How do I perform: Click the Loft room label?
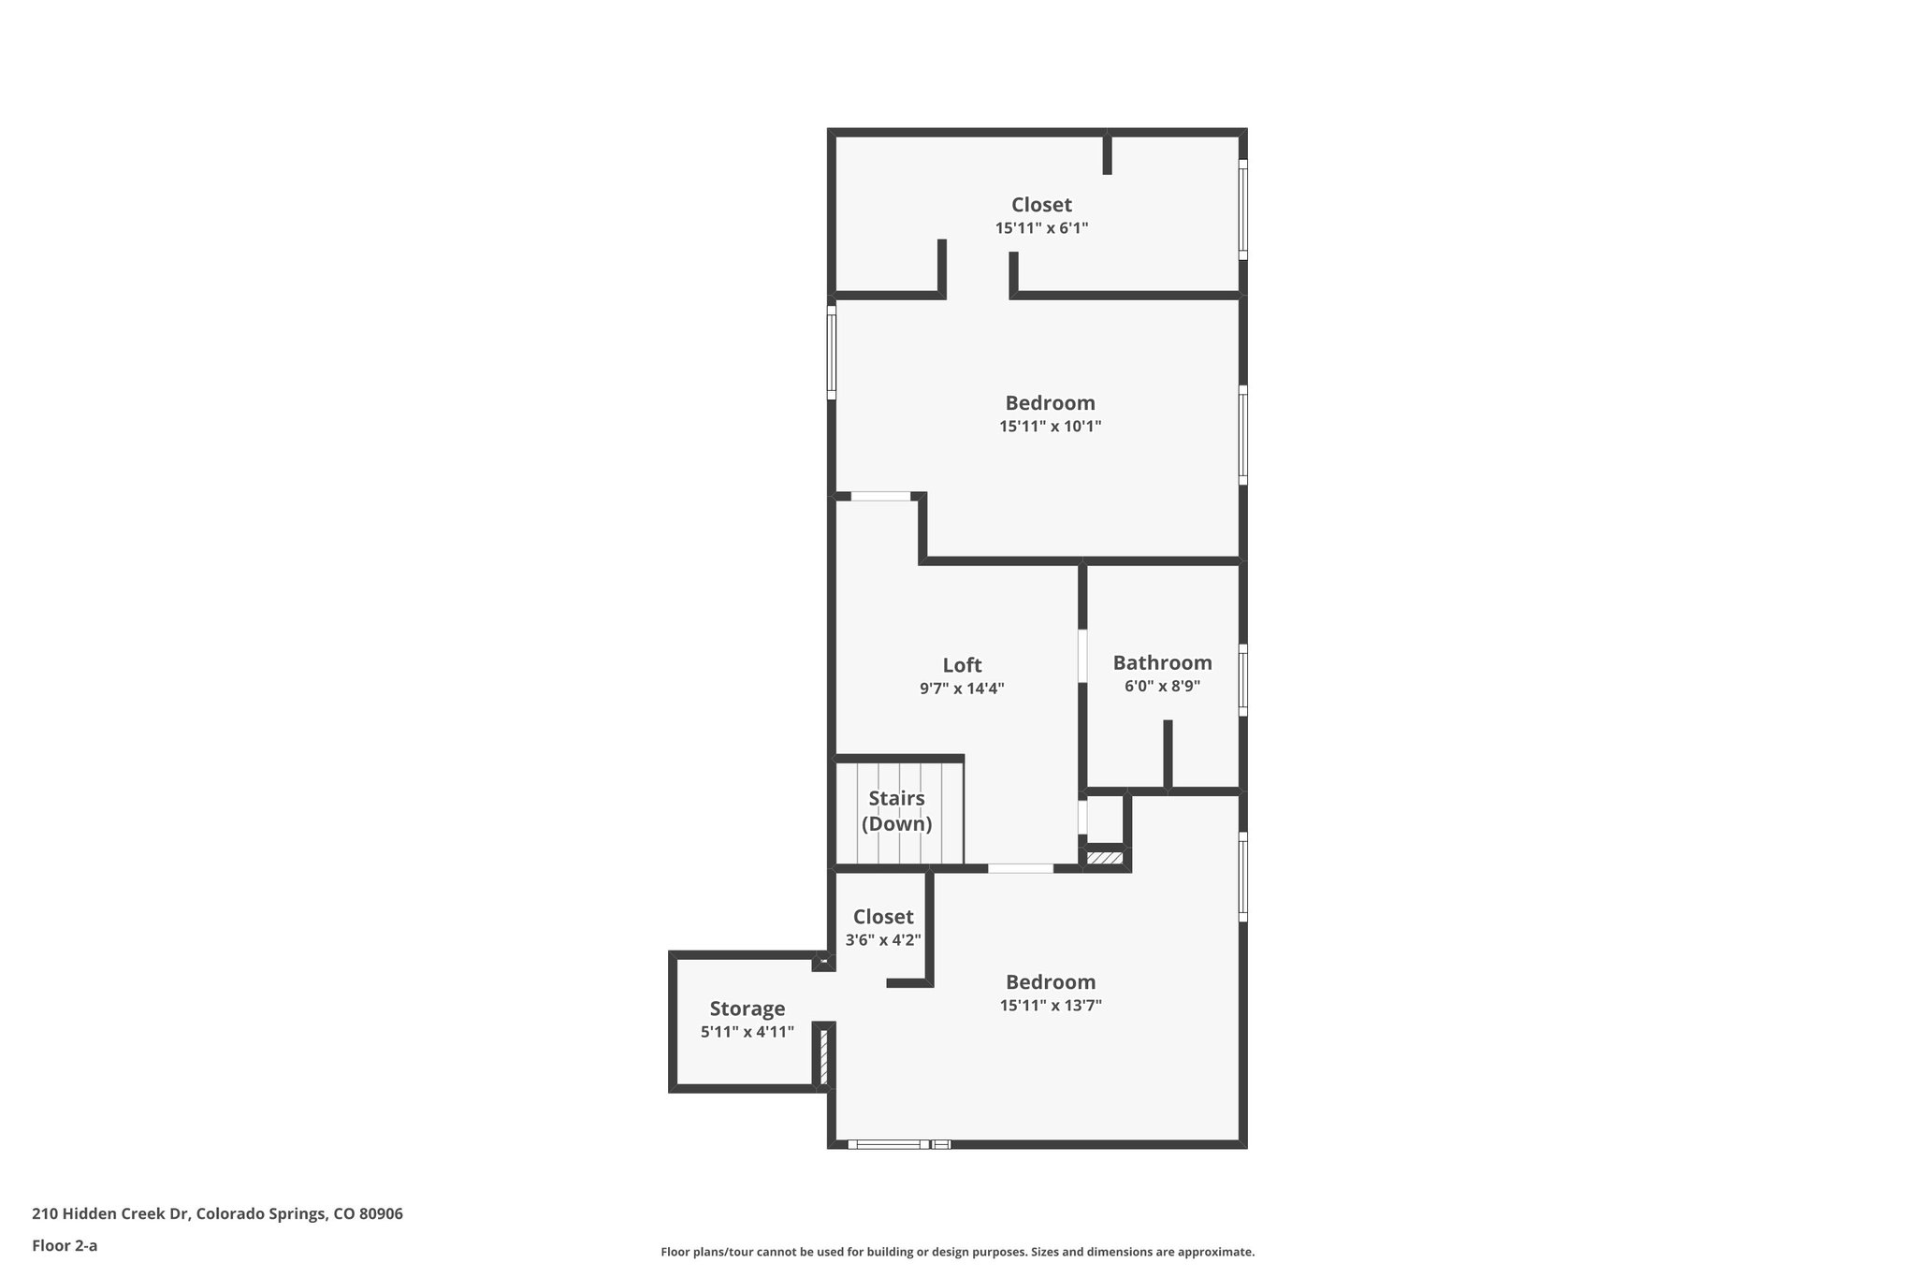[962, 665]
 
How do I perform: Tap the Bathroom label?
[1162, 663]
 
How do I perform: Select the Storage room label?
[747, 1009]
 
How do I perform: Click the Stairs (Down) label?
[896, 811]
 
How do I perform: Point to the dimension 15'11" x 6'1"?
[1041, 228]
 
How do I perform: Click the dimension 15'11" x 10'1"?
[1050, 427]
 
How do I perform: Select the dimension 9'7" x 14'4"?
[962, 689]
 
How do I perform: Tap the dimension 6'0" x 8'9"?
[1162, 686]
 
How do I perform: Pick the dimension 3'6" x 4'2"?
[883, 940]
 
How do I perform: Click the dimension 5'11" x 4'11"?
[747, 1032]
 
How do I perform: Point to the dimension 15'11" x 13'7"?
[1050, 1006]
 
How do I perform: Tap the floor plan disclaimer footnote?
[957, 1252]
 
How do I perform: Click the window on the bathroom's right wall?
[1243, 679]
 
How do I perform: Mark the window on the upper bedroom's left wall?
[831, 352]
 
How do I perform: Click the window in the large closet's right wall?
[1243, 209]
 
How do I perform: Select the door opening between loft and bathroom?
[1082, 655]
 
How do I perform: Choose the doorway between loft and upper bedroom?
[880, 496]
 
